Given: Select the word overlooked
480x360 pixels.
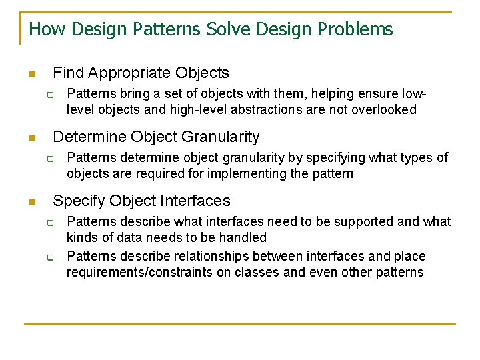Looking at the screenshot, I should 385,109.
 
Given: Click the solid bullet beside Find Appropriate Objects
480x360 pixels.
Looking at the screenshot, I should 30,74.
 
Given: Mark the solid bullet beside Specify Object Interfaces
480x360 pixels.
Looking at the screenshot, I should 30,201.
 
